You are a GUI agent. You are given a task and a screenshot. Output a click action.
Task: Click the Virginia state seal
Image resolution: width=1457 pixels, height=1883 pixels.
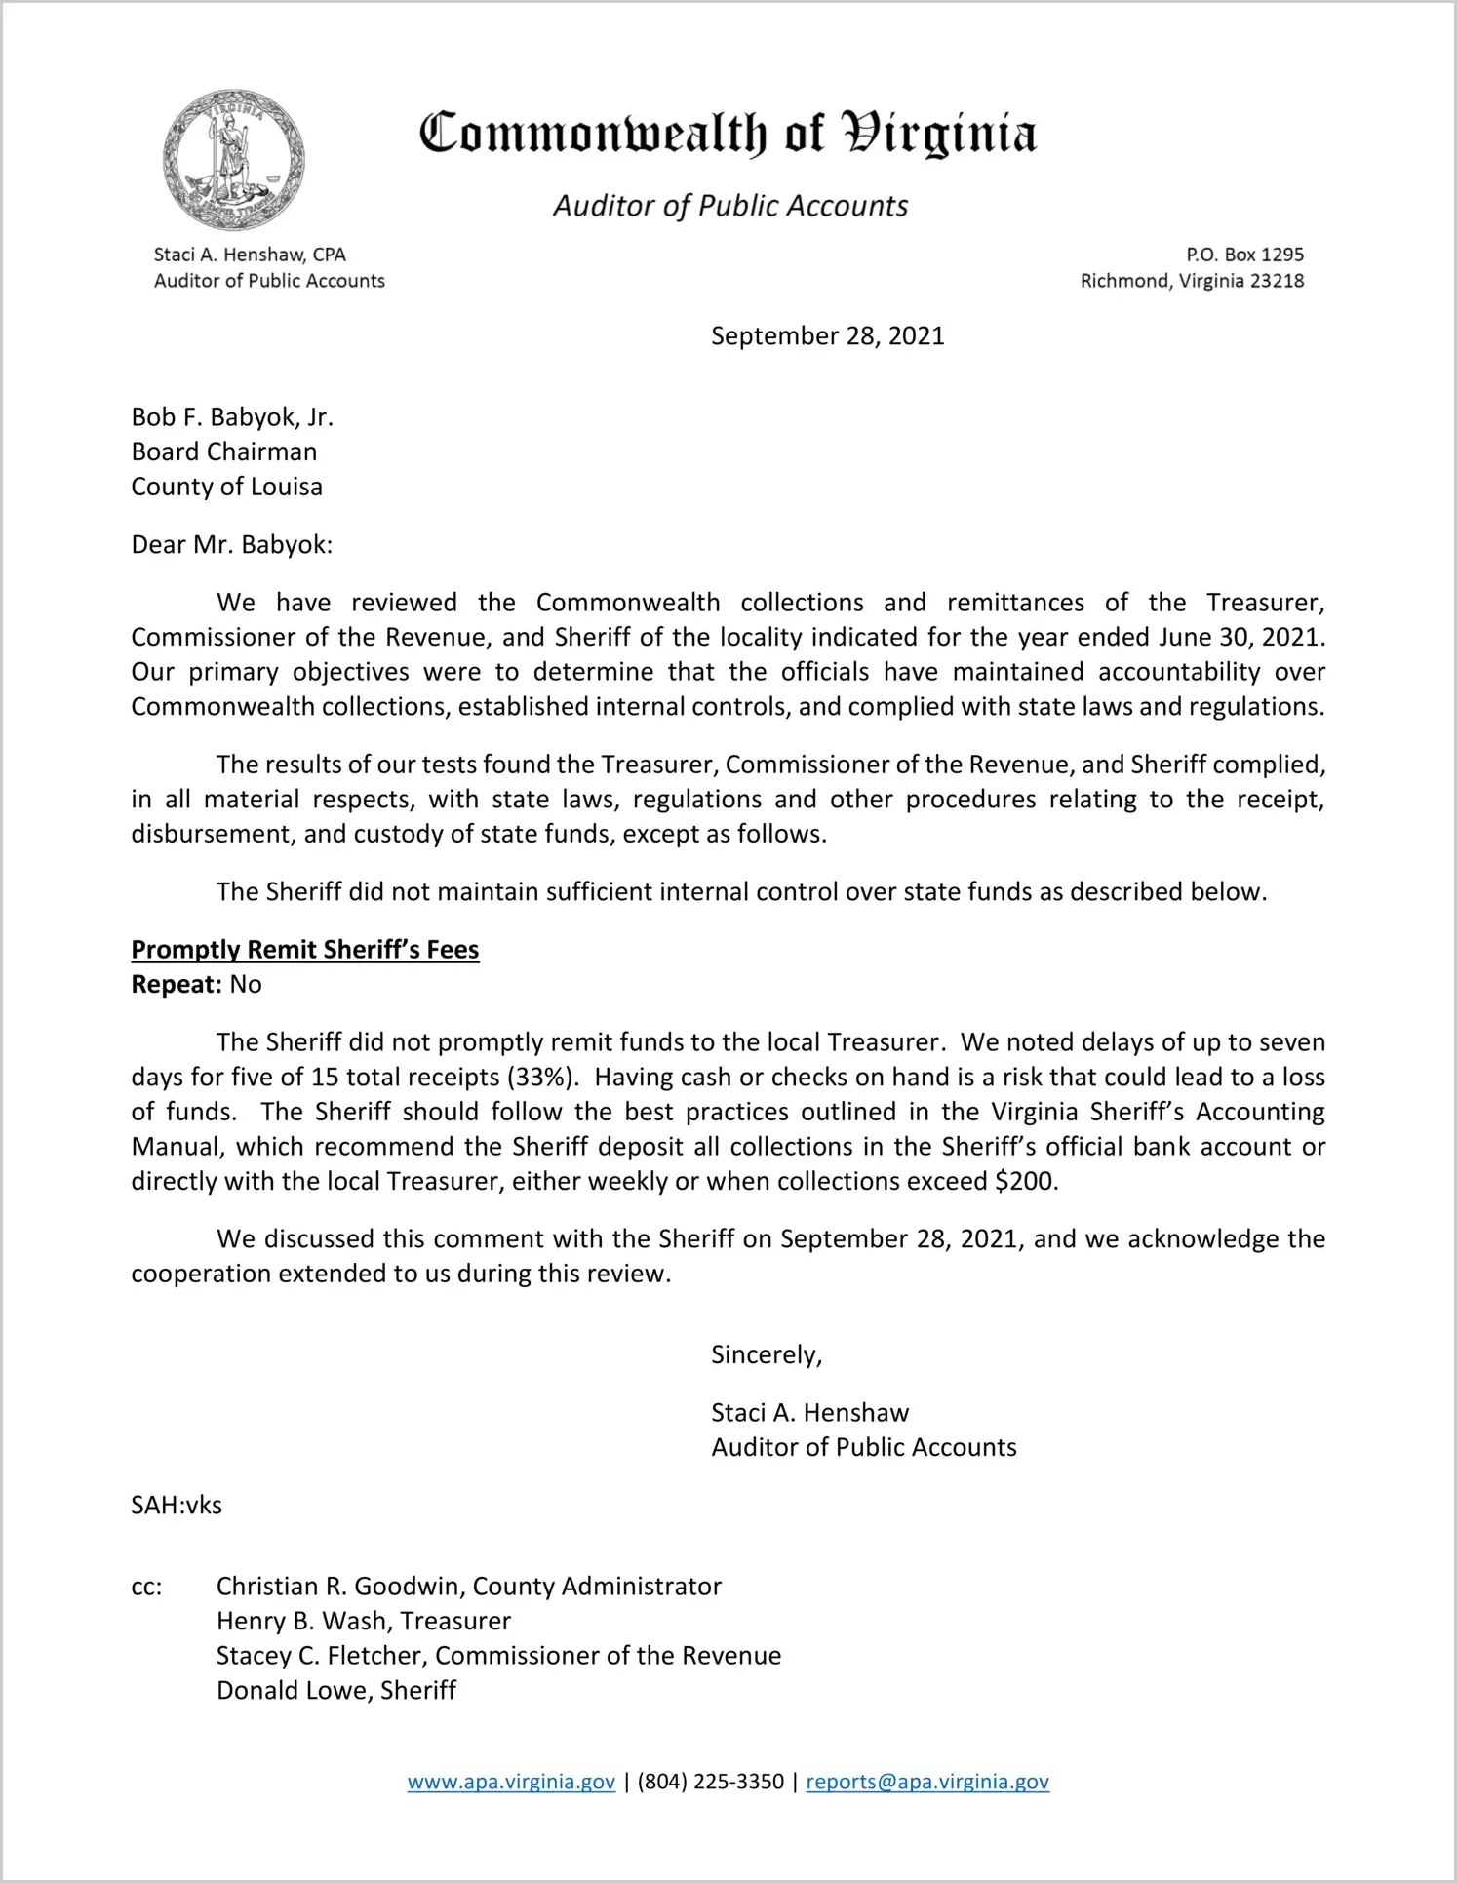233,160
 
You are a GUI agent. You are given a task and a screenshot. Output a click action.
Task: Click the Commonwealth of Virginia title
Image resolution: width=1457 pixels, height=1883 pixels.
728,134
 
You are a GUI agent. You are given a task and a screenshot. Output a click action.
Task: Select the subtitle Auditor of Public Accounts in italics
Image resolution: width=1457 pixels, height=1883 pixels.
730,206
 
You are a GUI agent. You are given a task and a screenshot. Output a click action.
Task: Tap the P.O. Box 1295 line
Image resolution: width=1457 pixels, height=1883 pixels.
1244,255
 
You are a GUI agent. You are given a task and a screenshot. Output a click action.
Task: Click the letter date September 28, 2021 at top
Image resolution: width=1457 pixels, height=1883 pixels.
827,336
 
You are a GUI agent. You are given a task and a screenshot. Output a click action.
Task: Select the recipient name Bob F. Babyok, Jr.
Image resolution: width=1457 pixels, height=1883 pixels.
232,417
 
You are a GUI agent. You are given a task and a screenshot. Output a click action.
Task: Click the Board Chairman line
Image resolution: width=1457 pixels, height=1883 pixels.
224,451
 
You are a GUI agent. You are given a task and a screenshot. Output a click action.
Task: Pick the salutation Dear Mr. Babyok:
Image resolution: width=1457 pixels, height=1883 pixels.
232,544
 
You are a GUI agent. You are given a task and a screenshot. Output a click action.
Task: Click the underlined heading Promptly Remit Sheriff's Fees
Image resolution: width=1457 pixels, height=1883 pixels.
305,950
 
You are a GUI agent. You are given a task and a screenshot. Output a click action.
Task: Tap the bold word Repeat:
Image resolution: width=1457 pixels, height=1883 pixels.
177,985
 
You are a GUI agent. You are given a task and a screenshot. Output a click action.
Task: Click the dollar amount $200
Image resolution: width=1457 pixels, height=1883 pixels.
1025,1182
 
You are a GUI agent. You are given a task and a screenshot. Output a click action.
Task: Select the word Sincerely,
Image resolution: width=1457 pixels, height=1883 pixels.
767,1355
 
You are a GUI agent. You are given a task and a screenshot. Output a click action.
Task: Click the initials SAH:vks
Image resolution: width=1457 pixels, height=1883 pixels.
177,1506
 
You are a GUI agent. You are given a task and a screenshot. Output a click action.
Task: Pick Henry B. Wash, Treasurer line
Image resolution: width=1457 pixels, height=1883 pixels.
364,1622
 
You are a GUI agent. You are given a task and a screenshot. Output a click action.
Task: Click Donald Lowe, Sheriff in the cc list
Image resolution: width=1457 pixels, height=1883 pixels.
336,1691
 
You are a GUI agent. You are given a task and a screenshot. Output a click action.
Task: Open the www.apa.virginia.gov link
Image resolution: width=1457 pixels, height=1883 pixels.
511,1783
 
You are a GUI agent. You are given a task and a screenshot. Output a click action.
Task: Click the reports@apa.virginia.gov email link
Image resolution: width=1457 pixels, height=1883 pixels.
927,1783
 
